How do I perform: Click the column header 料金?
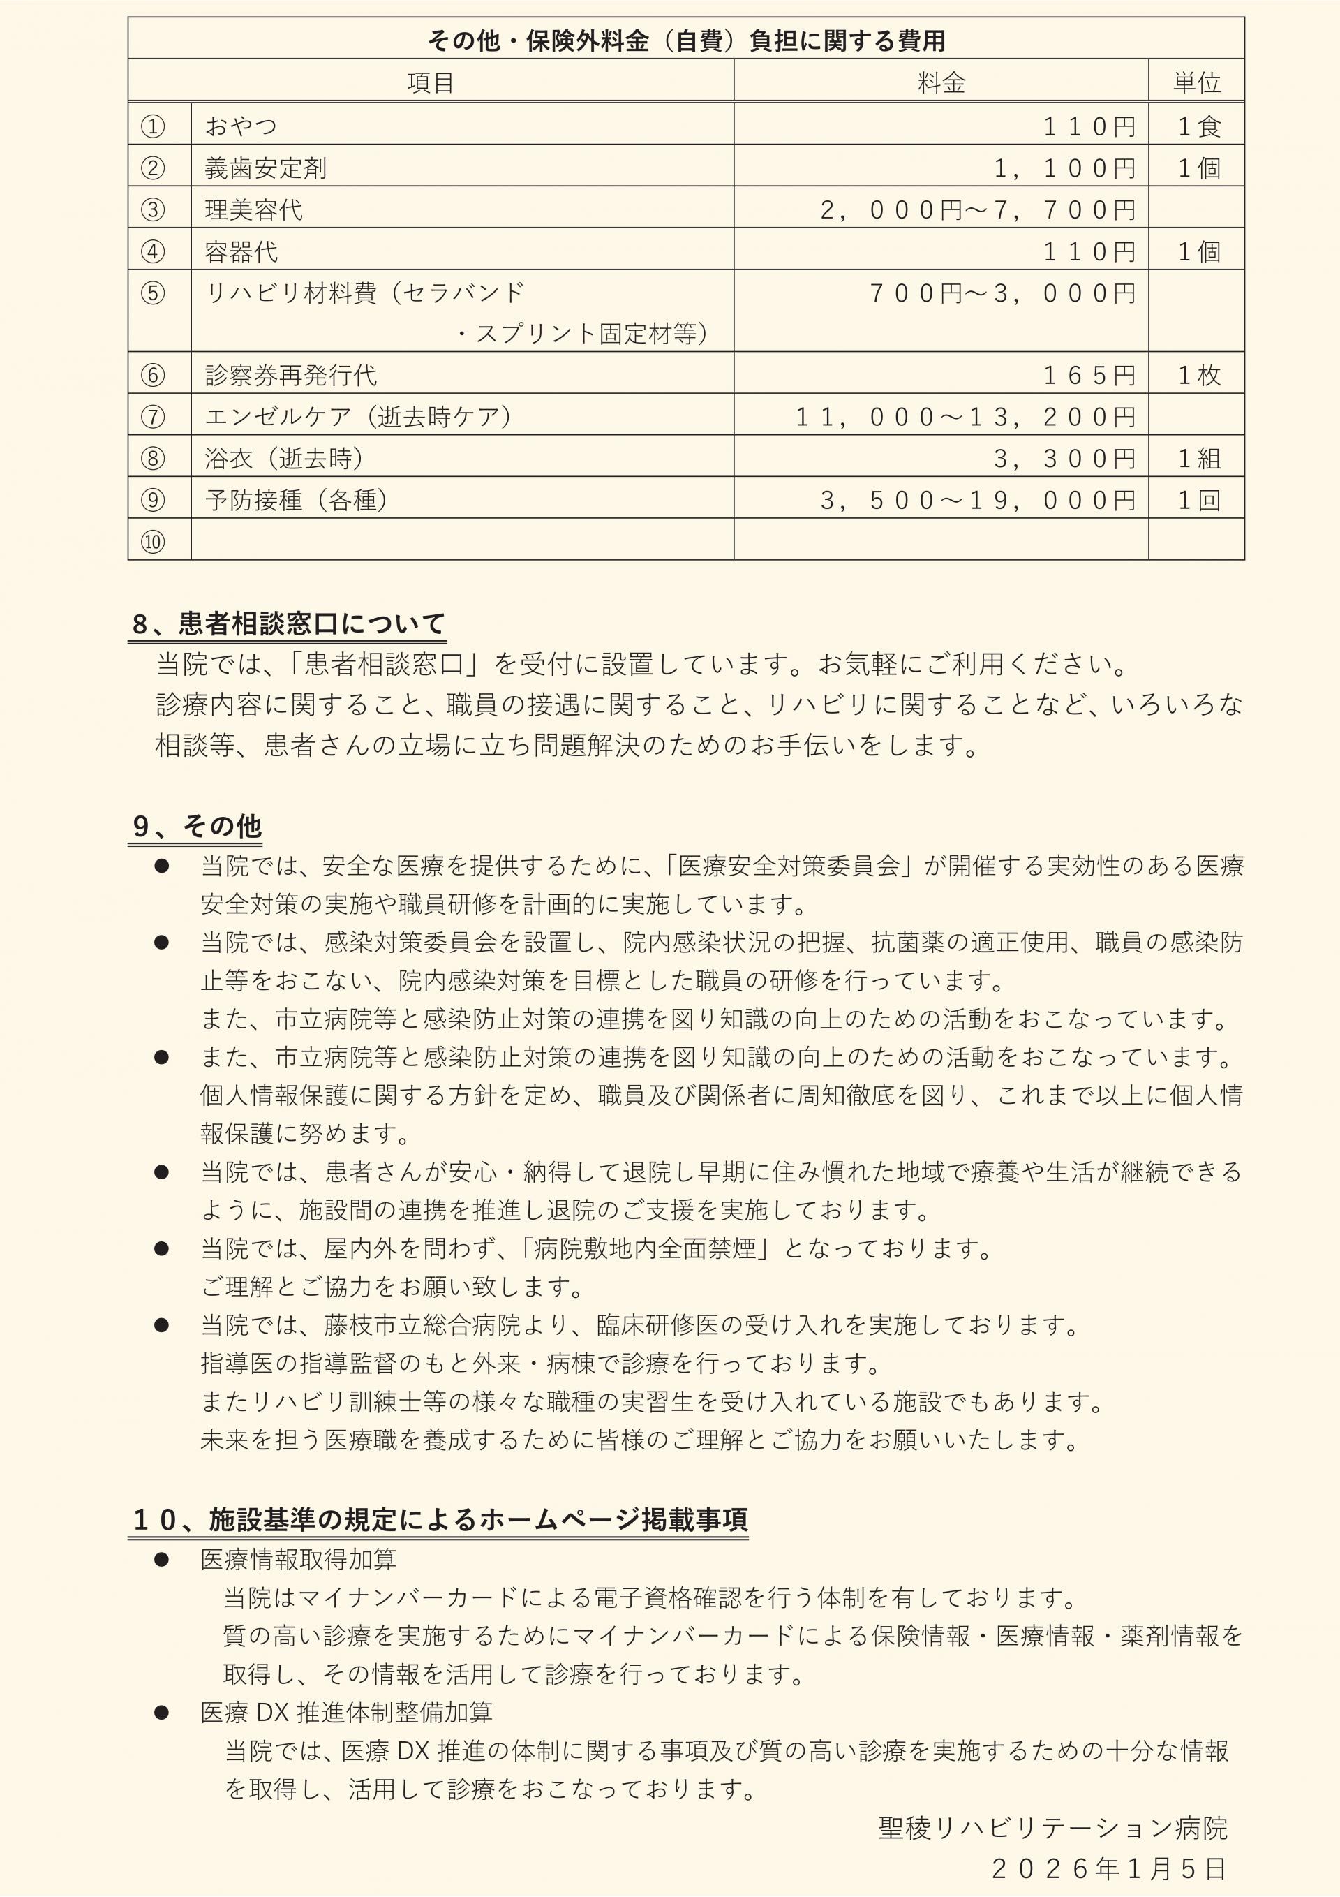(x=941, y=82)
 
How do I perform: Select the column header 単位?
(x=1196, y=82)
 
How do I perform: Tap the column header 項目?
(x=431, y=82)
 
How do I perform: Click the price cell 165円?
(x=1089, y=375)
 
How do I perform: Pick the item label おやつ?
(x=240, y=126)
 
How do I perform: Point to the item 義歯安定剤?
(x=265, y=168)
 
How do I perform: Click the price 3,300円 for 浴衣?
(x=1064, y=459)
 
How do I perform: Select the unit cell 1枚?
(x=1198, y=375)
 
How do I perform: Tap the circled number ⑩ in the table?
(x=153, y=542)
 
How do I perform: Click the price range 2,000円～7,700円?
(x=977, y=210)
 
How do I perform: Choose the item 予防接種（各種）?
(x=296, y=500)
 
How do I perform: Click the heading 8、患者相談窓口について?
(x=288, y=623)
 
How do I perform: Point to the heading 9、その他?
(x=197, y=825)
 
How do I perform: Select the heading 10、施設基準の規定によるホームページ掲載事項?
(x=440, y=1519)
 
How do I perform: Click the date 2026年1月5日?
(x=1108, y=1868)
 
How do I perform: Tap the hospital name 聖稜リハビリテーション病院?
(x=1052, y=1829)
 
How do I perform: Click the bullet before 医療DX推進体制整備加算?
(x=162, y=1713)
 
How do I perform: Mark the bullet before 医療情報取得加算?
(x=162, y=1560)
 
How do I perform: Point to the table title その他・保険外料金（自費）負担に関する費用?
(x=685, y=40)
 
